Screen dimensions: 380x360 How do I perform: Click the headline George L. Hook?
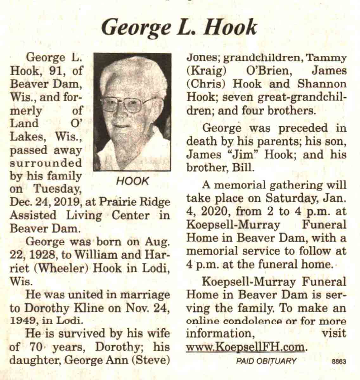click(x=179, y=27)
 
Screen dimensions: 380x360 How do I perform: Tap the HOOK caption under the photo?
click(x=132, y=181)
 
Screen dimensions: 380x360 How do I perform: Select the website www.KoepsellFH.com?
click(x=246, y=347)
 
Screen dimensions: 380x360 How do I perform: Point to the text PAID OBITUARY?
click(x=266, y=361)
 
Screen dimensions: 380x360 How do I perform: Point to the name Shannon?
click(x=322, y=84)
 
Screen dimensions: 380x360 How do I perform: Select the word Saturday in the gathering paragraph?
click(x=293, y=199)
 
